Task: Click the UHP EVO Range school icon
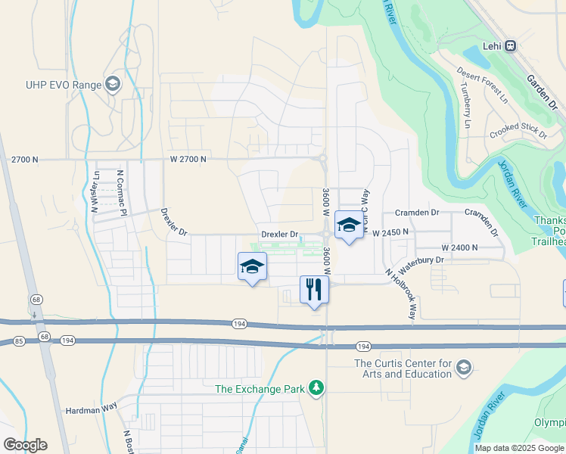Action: (x=114, y=84)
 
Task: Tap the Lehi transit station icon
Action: (x=511, y=45)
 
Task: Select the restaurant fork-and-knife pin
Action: (x=314, y=288)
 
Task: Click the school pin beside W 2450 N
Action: (x=349, y=225)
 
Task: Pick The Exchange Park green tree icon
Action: (x=317, y=389)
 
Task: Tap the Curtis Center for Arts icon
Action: (x=463, y=368)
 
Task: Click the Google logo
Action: (x=25, y=445)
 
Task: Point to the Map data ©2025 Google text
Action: (x=518, y=448)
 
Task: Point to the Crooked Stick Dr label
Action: (x=518, y=130)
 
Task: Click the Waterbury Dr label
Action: (x=421, y=260)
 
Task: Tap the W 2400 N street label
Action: (x=460, y=247)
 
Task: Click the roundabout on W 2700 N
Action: (x=323, y=158)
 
